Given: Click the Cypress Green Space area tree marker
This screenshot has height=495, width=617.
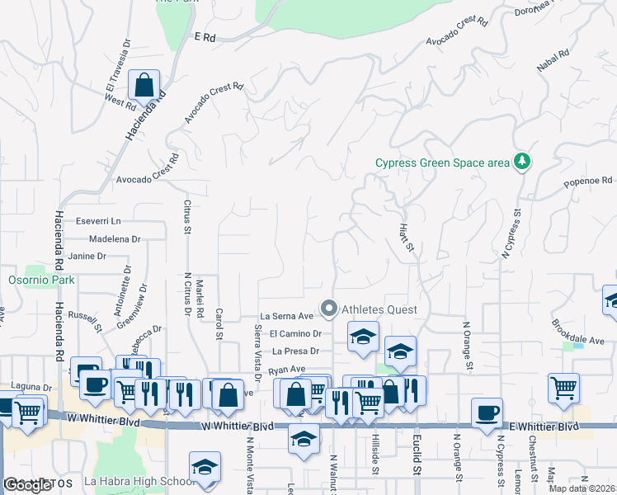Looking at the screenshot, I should pos(521,162).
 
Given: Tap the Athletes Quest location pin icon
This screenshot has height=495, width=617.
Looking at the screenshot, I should pos(329,309).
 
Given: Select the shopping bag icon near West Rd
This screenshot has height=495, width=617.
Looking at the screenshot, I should pos(144,85).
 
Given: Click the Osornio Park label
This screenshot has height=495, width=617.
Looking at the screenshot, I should pos(41,280).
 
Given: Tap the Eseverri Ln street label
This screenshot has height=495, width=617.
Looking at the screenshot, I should pos(97,221).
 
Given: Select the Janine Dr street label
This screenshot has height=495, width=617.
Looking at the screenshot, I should pos(88,256).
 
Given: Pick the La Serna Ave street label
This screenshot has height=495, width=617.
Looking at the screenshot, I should pos(286,316).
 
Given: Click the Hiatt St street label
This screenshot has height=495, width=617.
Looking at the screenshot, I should pos(405,234).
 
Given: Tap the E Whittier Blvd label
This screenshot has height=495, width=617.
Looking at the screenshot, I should pos(544,426).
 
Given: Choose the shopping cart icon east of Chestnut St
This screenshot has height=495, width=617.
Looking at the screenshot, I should pos(563,388).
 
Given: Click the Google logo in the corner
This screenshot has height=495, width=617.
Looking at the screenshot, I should pos(26,485).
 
